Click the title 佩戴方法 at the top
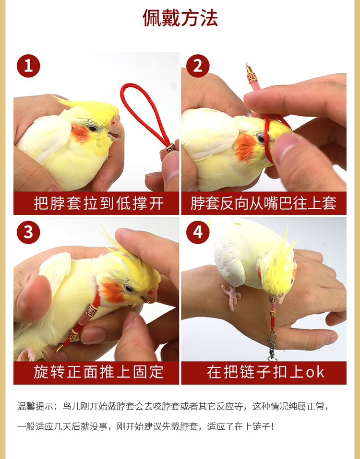click(180, 18)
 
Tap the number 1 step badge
click(28, 66)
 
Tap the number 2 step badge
click(198, 66)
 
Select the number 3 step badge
click(28, 232)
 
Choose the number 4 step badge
click(198, 232)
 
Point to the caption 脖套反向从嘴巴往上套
click(264, 203)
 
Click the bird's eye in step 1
click(92, 128)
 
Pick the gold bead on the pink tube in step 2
click(252, 76)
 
